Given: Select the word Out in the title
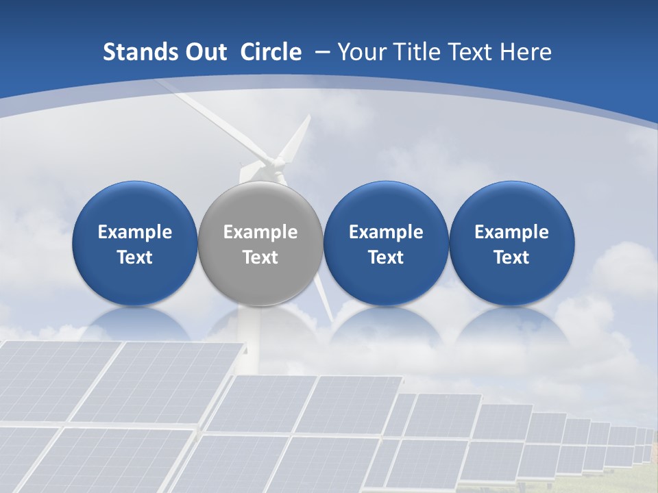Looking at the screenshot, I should click(206, 52).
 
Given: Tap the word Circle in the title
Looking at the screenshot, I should click(271, 52).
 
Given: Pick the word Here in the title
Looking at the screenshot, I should click(526, 52).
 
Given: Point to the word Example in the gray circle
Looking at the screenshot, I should click(260, 232).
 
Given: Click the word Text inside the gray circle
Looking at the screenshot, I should click(260, 257).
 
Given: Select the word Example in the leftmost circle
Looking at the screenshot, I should click(135, 232).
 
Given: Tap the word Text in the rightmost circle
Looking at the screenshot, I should click(512, 257).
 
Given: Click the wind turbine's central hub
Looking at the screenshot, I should click(277, 163).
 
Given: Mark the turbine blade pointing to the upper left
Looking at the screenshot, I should click(206, 113).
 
